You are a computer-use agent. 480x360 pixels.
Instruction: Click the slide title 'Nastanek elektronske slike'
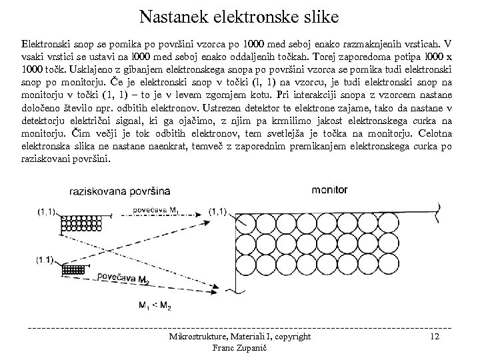click(240, 15)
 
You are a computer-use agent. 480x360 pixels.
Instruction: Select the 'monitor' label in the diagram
click(329, 189)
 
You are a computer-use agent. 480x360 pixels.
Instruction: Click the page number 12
click(435, 337)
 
